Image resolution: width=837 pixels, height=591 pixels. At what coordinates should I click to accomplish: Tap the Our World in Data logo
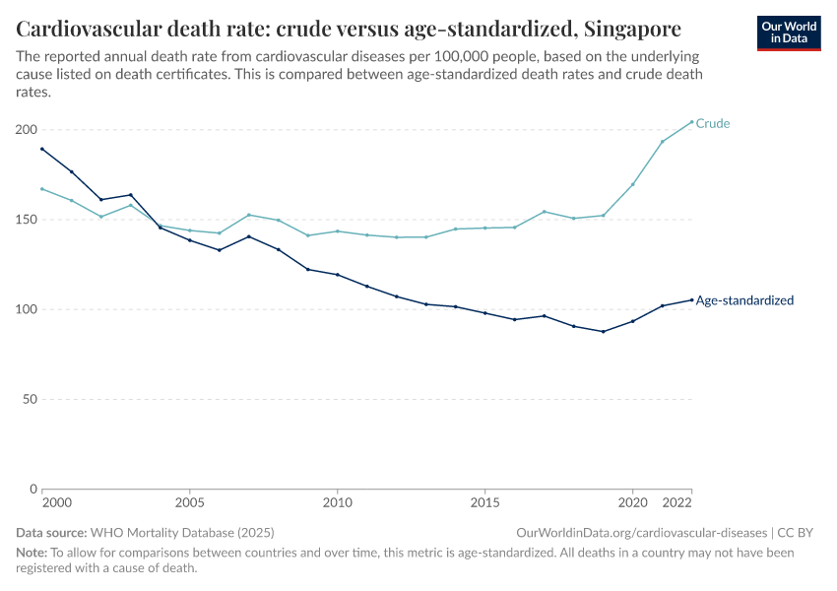pyautogui.click(x=789, y=33)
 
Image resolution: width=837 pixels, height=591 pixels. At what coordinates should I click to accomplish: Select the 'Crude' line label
pyautogui.click(x=713, y=124)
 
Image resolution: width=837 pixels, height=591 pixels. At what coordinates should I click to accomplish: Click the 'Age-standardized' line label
pyautogui.click(x=744, y=300)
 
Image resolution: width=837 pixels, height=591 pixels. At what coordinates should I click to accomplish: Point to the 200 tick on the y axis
pyautogui.click(x=27, y=130)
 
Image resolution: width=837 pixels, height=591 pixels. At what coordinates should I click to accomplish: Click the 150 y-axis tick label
pyautogui.click(x=27, y=220)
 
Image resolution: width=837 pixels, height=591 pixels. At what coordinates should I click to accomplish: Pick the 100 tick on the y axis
pyautogui.click(x=27, y=309)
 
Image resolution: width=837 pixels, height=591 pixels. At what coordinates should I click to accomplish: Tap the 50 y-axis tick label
pyautogui.click(x=31, y=399)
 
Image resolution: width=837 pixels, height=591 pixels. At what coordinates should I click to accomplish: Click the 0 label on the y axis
pyautogui.click(x=34, y=489)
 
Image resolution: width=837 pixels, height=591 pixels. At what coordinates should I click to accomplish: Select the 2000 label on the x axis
pyautogui.click(x=57, y=503)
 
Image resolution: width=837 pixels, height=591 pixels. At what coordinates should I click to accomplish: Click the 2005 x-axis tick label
pyautogui.click(x=189, y=503)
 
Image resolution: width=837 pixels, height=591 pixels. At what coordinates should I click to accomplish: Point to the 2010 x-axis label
pyautogui.click(x=337, y=503)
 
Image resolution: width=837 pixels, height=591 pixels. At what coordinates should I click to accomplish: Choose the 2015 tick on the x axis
pyautogui.click(x=484, y=503)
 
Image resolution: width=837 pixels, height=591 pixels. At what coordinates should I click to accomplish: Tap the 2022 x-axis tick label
pyautogui.click(x=677, y=503)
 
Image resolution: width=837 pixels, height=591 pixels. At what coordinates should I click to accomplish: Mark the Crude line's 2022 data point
pyautogui.click(x=691, y=122)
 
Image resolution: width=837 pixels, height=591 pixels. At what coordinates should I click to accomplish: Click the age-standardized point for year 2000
pyautogui.click(x=42, y=149)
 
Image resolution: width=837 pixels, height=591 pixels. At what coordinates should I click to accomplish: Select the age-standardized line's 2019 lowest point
pyautogui.click(x=603, y=331)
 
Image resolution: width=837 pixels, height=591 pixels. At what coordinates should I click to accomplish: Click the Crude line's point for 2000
pyautogui.click(x=42, y=189)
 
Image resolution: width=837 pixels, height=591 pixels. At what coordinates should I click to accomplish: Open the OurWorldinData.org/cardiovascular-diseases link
pyautogui.click(x=641, y=533)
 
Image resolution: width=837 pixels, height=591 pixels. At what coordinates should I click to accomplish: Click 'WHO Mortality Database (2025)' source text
pyautogui.click(x=187, y=533)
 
